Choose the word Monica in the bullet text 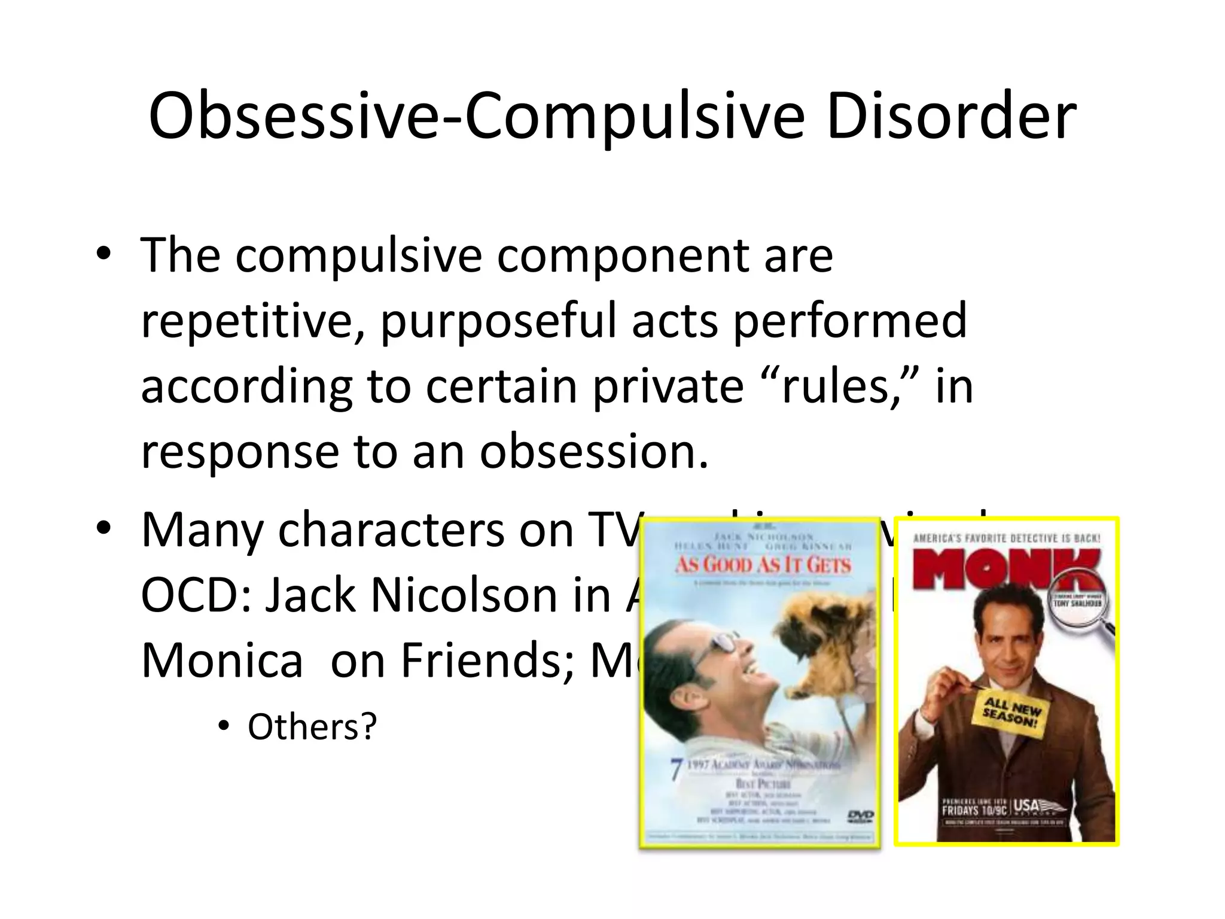(222, 661)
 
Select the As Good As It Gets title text (763, 565)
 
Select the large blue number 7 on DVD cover (676, 769)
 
